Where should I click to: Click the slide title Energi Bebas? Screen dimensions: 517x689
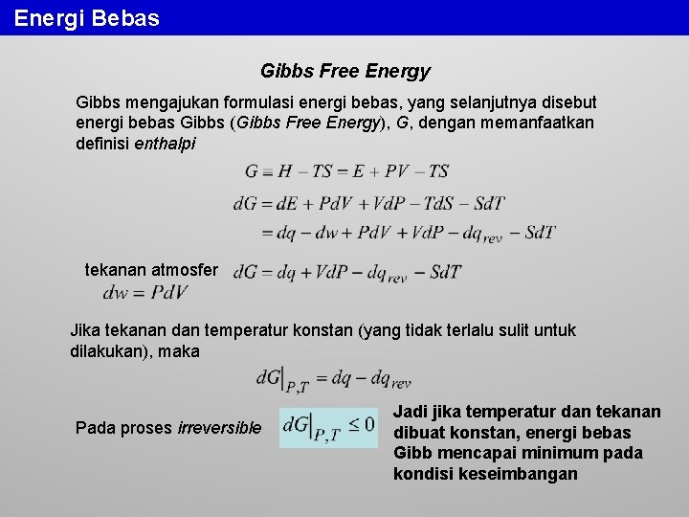(87, 17)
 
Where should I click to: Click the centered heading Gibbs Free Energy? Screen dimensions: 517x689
(344, 71)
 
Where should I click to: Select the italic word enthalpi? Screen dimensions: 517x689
(165, 144)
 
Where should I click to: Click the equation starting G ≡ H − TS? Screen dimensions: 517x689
(347, 171)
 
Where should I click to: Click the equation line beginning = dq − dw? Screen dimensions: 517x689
(408, 233)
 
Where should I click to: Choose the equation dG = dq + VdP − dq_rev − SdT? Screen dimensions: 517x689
(346, 273)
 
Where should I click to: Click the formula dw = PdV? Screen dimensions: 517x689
(145, 292)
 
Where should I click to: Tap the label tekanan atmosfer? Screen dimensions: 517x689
(151, 270)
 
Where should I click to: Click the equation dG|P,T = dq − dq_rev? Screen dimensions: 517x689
(334, 380)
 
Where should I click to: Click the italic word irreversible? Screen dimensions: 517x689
(219, 428)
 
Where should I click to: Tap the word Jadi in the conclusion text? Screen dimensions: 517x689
(411, 412)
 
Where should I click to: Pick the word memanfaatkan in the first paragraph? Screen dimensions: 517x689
(543, 124)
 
